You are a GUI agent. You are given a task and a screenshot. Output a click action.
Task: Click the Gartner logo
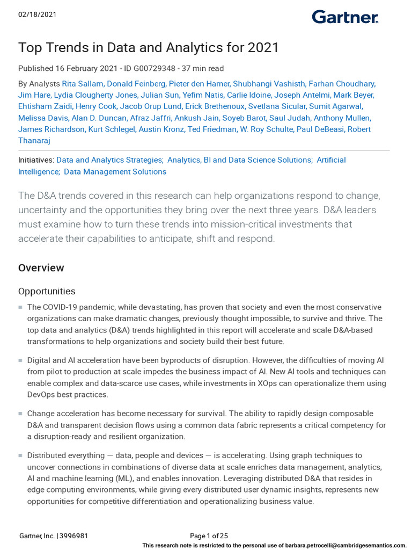tap(345, 17)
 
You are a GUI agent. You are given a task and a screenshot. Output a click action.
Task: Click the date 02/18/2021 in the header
tap(38, 15)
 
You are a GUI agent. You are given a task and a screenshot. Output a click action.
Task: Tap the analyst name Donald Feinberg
tap(136, 84)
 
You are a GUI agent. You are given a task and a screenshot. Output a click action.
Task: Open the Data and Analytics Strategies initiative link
tap(109, 160)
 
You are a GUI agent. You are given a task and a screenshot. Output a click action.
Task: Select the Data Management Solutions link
tap(115, 172)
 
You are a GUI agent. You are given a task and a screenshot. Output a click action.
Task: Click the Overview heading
tap(41, 267)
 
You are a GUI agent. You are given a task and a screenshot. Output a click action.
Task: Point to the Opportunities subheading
tap(47, 291)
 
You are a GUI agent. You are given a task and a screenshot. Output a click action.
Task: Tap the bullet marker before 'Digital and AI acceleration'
tap(21, 360)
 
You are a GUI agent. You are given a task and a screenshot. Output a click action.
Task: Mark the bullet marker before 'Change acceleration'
tap(21, 414)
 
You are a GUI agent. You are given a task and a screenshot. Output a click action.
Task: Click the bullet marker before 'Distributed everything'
tap(21, 455)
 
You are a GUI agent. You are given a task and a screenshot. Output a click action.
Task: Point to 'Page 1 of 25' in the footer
tap(209, 535)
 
